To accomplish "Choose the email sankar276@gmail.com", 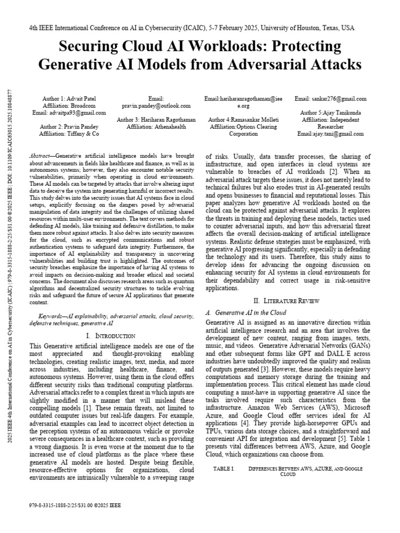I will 330,98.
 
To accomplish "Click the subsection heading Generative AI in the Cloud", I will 251,313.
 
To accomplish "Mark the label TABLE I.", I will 224,469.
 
